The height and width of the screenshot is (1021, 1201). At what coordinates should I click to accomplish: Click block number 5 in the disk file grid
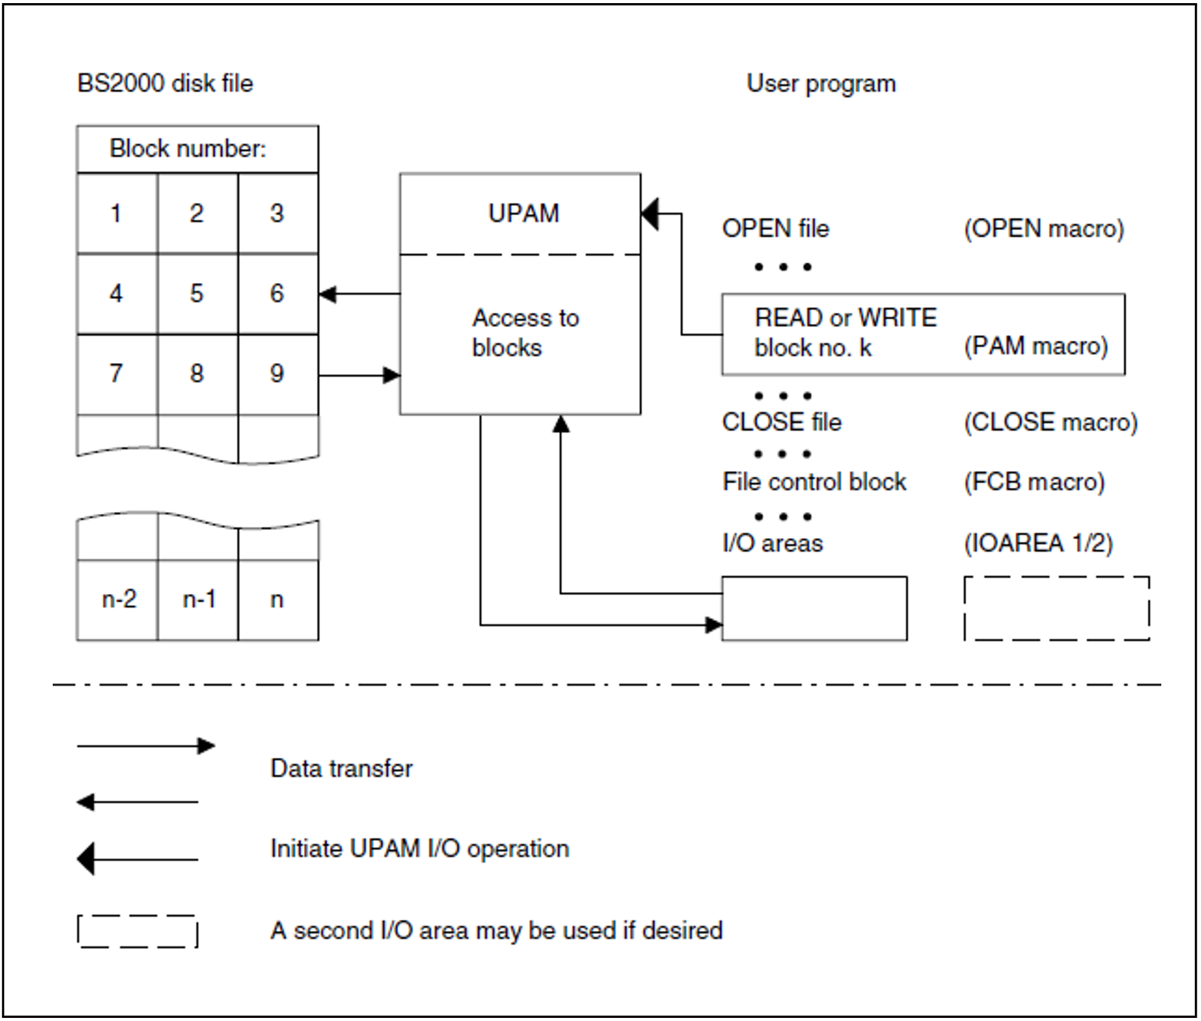click(197, 293)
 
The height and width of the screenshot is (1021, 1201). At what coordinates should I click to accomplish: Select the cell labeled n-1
click(199, 600)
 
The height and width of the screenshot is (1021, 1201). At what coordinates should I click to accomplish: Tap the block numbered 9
click(277, 373)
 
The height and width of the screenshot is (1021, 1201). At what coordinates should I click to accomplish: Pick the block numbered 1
click(116, 214)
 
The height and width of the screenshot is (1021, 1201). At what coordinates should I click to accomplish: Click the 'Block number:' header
click(187, 149)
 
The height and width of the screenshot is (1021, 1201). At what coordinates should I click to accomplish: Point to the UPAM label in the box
click(523, 214)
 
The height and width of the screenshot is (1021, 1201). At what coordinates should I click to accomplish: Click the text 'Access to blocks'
click(524, 333)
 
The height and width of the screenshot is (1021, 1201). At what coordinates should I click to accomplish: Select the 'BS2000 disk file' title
click(164, 84)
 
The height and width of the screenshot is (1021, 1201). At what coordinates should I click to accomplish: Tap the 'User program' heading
click(821, 84)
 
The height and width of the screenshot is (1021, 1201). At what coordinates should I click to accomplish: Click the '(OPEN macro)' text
click(1043, 228)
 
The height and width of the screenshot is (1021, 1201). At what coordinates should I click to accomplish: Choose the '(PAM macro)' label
click(1035, 346)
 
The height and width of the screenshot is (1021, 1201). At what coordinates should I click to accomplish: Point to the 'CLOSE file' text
click(781, 422)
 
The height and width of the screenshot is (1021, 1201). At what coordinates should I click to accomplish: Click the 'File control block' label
click(814, 482)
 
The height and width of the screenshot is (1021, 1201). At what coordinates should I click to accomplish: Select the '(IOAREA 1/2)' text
click(1038, 543)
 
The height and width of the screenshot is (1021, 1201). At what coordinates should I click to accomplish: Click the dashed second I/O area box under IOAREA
click(1056, 608)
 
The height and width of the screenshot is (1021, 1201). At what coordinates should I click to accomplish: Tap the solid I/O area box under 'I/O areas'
click(814, 608)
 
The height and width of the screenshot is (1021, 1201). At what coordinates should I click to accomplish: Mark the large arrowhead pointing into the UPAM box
click(650, 214)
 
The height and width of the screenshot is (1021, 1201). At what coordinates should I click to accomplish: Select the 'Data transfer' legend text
click(341, 768)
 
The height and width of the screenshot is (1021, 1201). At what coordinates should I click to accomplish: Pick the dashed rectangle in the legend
click(137, 931)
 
